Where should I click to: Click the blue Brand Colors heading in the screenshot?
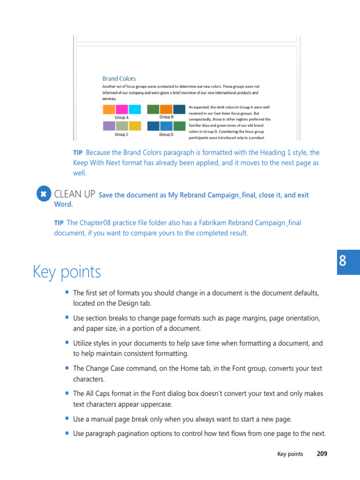119,79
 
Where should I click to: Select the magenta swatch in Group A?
121,110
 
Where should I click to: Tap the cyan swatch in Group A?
135,110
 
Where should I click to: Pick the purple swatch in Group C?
109,126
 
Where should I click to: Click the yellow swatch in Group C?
135,126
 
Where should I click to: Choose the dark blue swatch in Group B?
179,110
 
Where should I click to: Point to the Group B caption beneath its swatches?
166,117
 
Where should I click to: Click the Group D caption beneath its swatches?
166,135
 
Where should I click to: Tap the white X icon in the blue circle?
44,194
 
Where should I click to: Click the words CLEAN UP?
75,194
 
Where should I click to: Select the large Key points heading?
67,272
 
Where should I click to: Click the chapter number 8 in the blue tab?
343,262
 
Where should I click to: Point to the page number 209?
322,454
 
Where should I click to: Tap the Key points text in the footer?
290,454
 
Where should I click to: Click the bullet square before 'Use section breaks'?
67,317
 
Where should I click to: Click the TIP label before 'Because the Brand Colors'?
77,153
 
